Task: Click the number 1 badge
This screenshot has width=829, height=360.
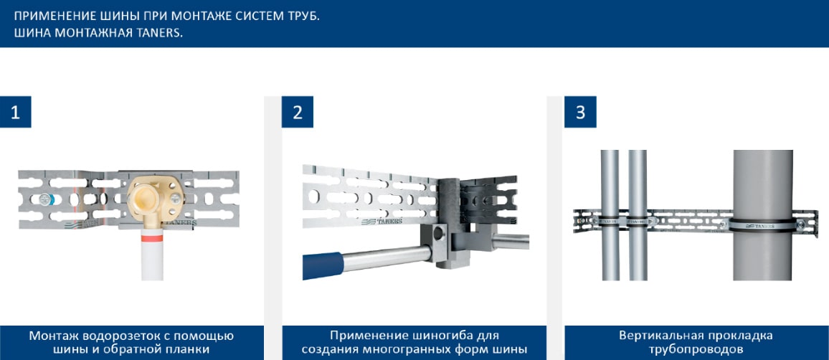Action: pyautogui.click(x=15, y=112)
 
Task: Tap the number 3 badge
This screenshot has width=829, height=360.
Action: pyautogui.click(x=580, y=112)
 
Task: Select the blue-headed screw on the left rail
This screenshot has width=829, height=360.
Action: pyautogui.click(x=45, y=199)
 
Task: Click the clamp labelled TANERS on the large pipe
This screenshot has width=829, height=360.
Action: pyautogui.click(x=763, y=223)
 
